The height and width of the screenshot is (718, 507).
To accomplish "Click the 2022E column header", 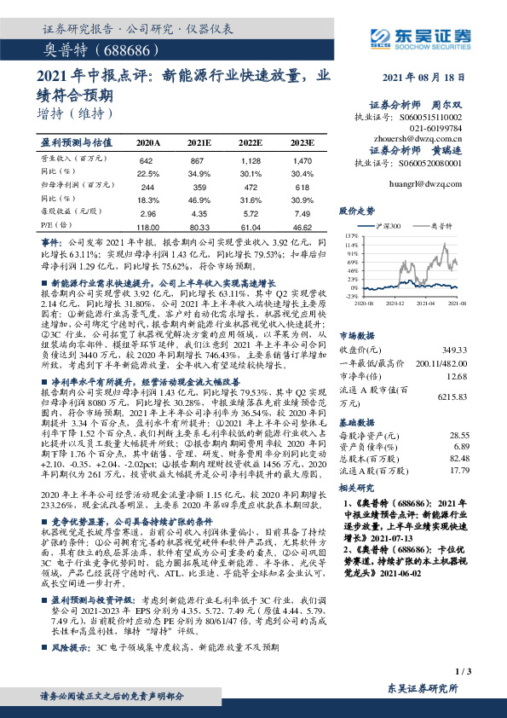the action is pyautogui.click(x=250, y=143).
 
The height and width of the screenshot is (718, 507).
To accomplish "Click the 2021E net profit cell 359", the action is pyautogui.click(x=199, y=186).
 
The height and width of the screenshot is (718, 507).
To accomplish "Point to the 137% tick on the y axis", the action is pyautogui.click(x=349, y=234).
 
